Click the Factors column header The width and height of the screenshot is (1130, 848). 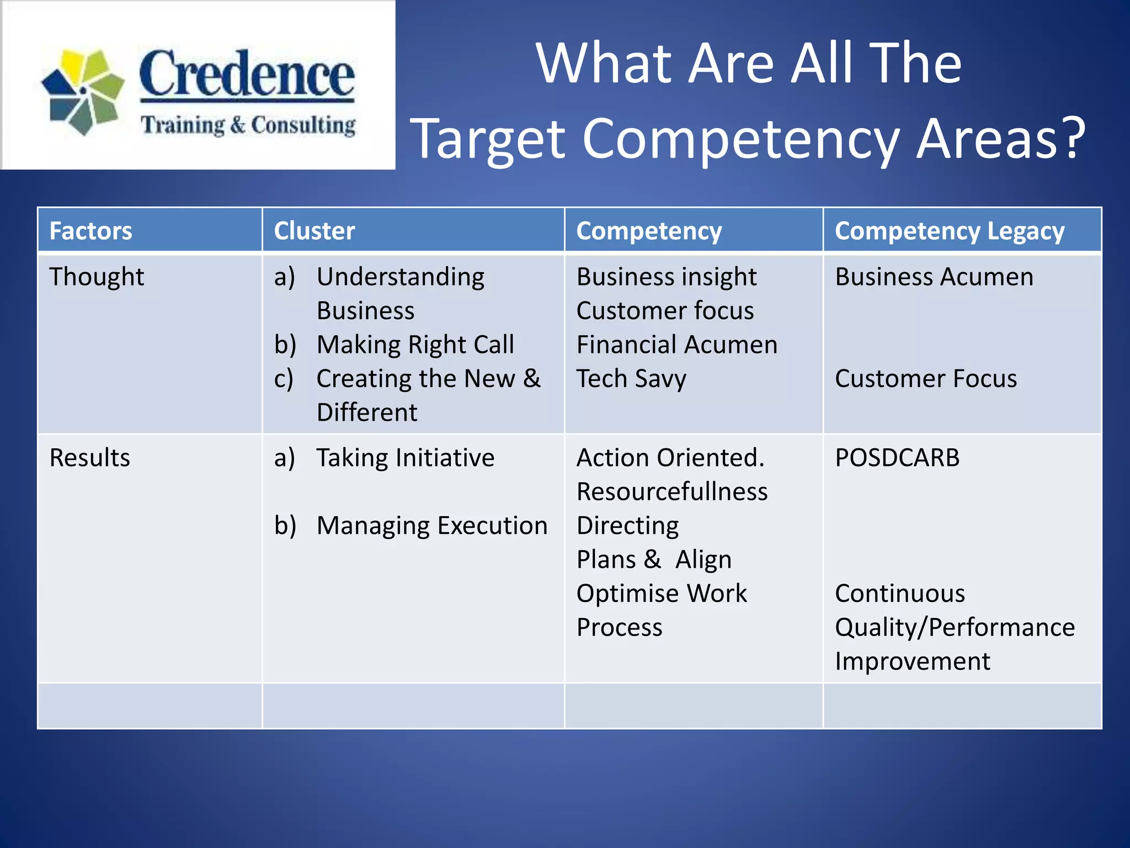click(91, 231)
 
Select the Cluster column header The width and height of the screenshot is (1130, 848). click(315, 231)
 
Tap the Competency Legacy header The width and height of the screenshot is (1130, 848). click(950, 231)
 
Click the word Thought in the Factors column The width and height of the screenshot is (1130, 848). click(97, 277)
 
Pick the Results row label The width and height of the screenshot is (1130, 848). click(90, 458)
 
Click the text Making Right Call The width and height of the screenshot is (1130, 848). click(415, 345)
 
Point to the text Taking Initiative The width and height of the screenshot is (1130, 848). click(405, 458)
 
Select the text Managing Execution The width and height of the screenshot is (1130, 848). click(431, 526)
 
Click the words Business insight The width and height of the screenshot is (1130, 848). click(667, 277)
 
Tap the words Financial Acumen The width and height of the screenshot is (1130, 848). click(677, 345)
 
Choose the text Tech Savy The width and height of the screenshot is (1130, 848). click(631, 379)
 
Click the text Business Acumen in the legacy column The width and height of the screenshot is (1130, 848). click(934, 277)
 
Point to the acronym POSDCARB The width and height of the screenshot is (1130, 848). click(897, 458)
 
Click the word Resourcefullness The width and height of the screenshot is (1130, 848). click(672, 492)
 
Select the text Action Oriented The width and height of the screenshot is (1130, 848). click(670, 458)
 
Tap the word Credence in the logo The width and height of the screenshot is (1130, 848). click(247, 75)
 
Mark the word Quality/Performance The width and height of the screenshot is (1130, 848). click(955, 628)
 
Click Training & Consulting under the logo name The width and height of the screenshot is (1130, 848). click(248, 125)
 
